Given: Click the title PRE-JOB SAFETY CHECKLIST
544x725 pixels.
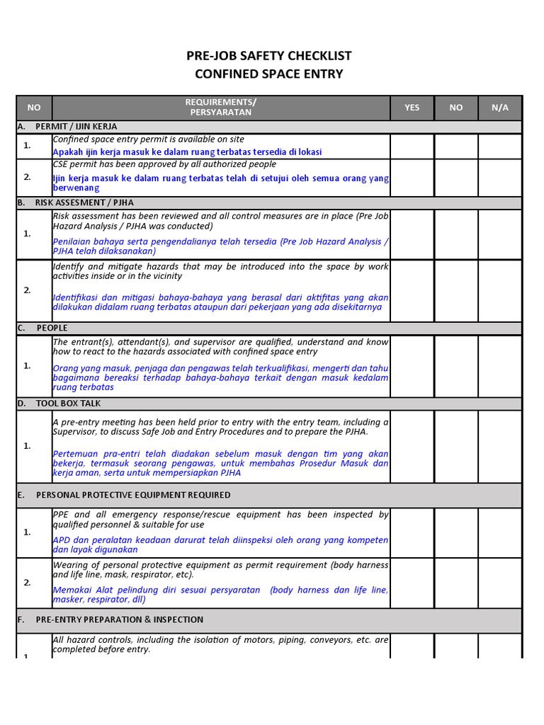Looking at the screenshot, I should tap(268, 56).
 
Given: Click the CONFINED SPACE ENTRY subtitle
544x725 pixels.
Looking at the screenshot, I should tap(268, 74).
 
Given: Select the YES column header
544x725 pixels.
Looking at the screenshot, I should tap(412, 108).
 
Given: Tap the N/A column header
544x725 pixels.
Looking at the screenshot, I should tap(500, 108).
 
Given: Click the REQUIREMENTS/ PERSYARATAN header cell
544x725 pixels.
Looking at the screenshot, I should tap(221, 108).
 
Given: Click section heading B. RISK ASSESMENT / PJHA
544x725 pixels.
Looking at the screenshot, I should tap(84, 202).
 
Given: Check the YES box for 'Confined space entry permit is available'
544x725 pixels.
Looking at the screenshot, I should tap(412, 146).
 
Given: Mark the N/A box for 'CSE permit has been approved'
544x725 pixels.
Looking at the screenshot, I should tap(500, 177).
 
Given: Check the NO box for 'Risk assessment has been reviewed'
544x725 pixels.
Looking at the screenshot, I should tap(455, 234).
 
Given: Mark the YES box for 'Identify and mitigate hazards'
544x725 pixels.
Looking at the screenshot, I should tap(412, 290).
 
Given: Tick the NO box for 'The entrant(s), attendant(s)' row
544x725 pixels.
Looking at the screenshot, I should tap(455, 365).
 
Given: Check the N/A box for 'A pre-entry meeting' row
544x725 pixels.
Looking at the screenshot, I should tap(500, 446).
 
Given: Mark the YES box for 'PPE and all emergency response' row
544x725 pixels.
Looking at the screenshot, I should tap(412, 532).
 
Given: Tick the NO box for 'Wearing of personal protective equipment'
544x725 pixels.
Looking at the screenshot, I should tap(455, 583).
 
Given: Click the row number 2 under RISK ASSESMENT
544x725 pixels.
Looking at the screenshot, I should tap(28, 290).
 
